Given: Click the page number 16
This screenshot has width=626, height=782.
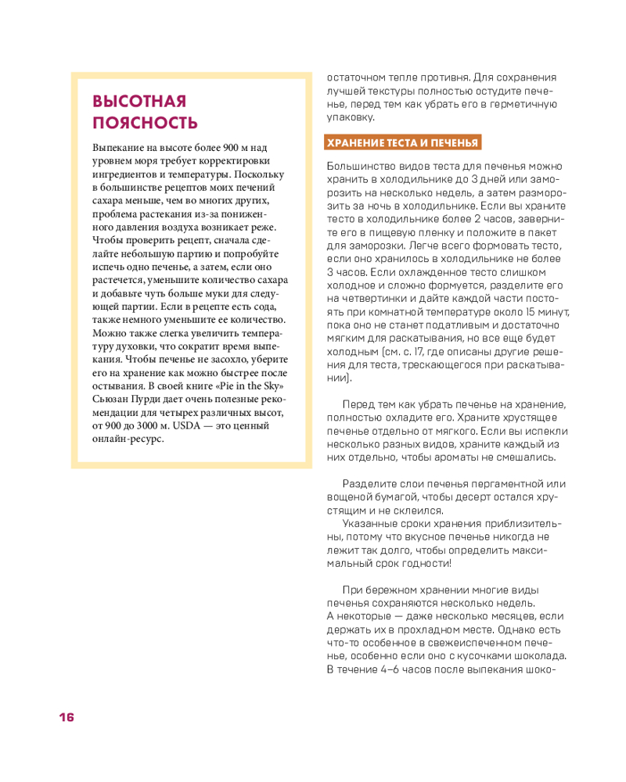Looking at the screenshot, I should (x=65, y=718).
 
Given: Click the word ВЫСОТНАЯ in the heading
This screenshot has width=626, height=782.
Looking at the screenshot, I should (x=139, y=102).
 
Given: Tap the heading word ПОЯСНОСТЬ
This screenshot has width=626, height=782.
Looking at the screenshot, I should (x=145, y=123).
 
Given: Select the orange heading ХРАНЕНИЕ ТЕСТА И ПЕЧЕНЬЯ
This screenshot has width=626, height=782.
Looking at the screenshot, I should (x=402, y=142).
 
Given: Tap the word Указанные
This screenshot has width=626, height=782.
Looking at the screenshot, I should (x=372, y=523).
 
